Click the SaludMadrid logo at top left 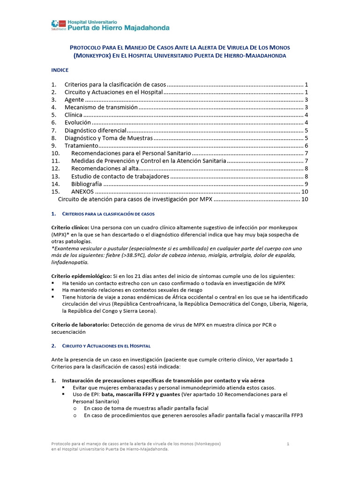coord(59,24)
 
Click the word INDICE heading coord(60,70)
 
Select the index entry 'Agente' coord(75,100)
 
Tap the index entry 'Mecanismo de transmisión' coord(101,107)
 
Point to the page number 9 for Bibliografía coord(306,184)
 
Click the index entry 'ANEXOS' coord(82,192)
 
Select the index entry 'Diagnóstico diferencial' coord(96,130)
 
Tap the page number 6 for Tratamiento coord(306,146)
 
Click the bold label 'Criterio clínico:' coord(69,227)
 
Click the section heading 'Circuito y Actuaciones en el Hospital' coord(107,346)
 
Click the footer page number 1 coord(288,443)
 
